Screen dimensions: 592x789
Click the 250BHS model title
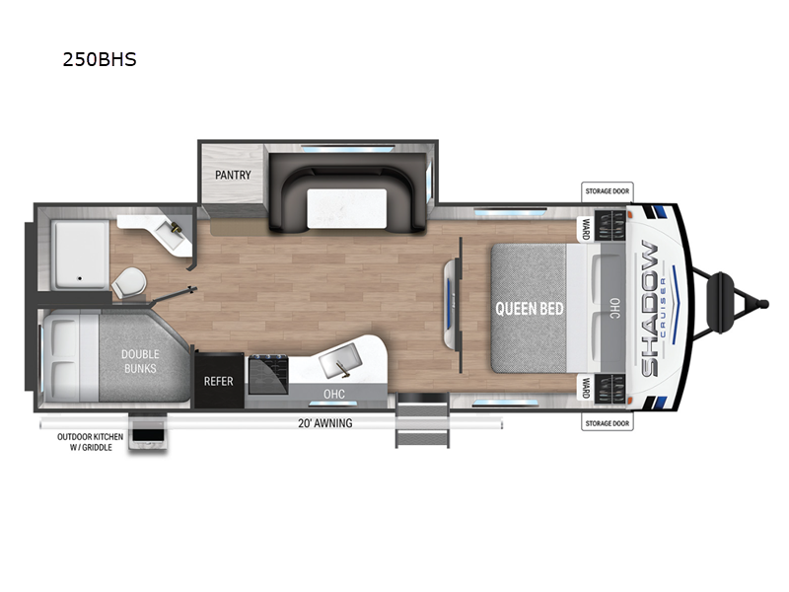99,59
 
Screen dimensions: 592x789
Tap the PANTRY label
233,176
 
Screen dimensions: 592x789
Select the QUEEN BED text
530,309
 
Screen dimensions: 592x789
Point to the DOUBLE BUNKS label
141,362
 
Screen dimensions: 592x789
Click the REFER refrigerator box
218,381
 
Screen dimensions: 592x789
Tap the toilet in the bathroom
129,283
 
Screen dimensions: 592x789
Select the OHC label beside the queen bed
613,308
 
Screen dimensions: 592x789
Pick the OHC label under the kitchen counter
332,394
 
